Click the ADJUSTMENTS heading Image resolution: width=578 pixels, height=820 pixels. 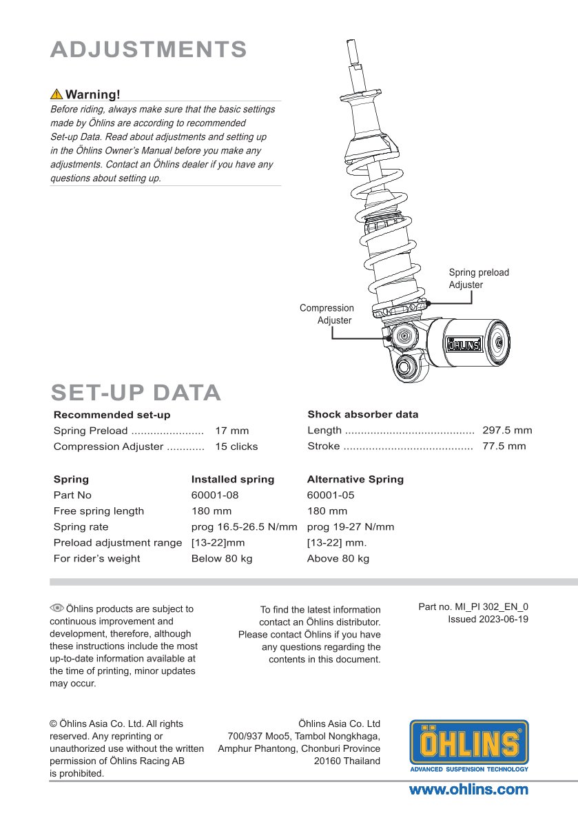[149, 50]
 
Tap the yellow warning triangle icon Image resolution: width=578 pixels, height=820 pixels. [56, 94]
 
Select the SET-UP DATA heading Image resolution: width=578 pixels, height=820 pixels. [136, 393]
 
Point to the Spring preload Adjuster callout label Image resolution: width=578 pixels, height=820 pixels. [479, 278]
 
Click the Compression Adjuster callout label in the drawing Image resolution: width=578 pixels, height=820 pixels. [327, 314]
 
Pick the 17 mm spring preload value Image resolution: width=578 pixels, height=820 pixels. [232, 431]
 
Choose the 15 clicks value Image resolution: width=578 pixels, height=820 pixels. [236, 447]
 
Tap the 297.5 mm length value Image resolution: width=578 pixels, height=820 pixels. [507, 431]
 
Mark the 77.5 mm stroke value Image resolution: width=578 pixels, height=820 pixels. [504, 447]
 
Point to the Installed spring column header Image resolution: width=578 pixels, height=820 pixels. [232, 480]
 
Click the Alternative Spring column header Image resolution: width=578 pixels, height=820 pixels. [355, 480]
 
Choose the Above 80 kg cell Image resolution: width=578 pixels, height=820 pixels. [338, 559]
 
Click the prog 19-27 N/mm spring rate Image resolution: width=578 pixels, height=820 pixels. [350, 527]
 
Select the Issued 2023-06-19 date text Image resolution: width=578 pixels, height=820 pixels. [488, 619]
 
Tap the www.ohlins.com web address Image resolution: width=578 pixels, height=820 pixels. [468, 790]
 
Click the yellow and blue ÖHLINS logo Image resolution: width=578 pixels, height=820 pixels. [469, 745]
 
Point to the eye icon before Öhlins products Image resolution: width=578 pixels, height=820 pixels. [56, 608]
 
